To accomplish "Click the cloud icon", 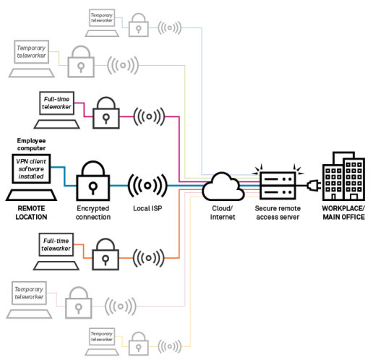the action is coord(223,187).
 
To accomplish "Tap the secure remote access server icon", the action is coord(278,185).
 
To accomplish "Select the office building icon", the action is coord(343,176).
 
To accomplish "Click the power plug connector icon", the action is coord(314,185).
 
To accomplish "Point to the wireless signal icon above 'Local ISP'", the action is coord(147,186).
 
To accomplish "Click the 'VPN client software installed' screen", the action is coord(31,168).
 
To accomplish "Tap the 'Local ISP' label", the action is coord(147,208).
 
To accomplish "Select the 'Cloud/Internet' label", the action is coord(223,213).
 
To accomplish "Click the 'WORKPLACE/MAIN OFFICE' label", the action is coord(343,213).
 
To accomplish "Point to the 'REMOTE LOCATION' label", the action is coord(31,213).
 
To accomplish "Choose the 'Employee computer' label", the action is coord(31,144).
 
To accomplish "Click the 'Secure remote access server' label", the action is coord(278,213).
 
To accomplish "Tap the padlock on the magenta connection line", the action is coord(106,113).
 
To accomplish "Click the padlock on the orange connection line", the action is coord(106,254).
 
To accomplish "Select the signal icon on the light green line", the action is coord(123,65).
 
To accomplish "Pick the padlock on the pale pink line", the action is coord(79,303).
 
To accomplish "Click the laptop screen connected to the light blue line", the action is coord(102,17).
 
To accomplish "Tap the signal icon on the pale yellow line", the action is coord(170,346).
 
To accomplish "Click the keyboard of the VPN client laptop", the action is coord(31,195).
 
